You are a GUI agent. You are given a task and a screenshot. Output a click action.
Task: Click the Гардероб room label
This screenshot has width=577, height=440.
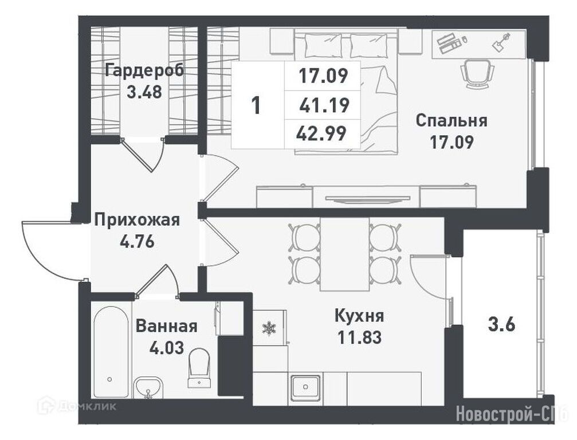click(x=144, y=70)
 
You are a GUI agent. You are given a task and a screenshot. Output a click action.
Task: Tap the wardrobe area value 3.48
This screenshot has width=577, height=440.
click(x=144, y=92)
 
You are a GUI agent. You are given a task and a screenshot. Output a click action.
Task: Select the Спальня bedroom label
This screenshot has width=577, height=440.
click(x=452, y=121)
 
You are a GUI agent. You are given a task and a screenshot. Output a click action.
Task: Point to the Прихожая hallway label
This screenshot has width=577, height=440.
click(x=138, y=221)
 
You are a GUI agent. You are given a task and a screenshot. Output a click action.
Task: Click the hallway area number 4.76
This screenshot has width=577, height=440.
click(x=138, y=242)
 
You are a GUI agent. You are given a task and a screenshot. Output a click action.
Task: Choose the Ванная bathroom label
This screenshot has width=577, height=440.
click(x=167, y=327)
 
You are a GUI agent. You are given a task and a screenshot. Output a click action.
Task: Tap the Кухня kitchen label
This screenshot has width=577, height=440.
click(x=359, y=316)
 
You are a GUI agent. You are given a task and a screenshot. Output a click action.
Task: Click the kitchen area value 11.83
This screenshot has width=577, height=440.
click(x=359, y=337)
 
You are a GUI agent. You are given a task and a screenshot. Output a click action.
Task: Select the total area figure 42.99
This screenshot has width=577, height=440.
click(x=321, y=133)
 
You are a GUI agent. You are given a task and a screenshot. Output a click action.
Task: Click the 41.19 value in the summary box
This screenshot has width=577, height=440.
click(x=324, y=105)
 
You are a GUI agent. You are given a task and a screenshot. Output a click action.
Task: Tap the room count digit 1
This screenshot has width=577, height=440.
click(x=256, y=105)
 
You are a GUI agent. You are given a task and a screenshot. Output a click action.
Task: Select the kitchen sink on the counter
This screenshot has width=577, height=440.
click(x=305, y=387)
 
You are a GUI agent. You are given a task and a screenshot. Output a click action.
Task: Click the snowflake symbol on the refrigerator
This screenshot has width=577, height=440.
click(x=269, y=328)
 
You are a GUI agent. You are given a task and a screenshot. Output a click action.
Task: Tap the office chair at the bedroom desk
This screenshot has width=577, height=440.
click(x=477, y=74)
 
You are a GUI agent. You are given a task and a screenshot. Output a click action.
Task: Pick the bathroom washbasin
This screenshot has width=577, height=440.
click(x=148, y=388)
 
